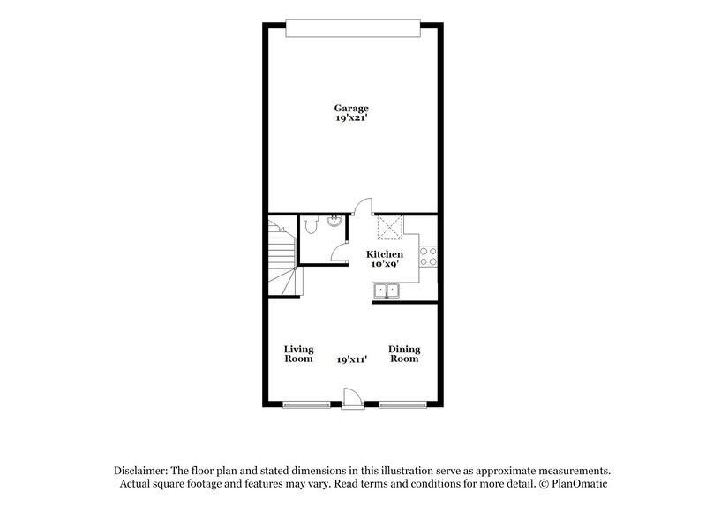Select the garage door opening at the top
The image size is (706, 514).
point(352,30)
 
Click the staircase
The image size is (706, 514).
point(282,256)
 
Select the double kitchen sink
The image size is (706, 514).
point(386,290)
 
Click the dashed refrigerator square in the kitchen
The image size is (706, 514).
point(389,227)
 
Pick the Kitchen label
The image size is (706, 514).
point(385,254)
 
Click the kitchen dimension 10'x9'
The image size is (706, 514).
point(385,264)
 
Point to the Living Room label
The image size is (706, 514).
point(298,354)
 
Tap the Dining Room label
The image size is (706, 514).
point(404,354)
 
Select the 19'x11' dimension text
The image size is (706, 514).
point(351,359)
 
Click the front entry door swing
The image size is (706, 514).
point(350,397)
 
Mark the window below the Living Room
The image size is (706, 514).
point(308,405)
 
